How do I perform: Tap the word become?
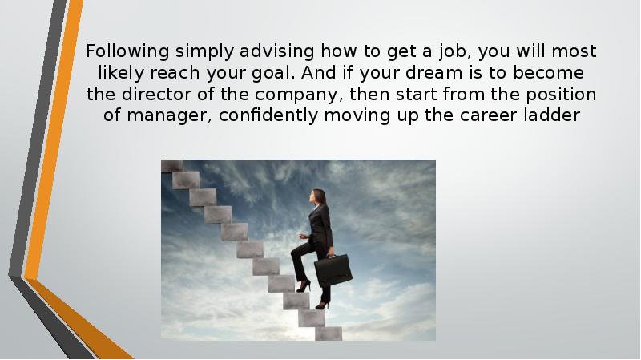pyautogui.click(x=560, y=75)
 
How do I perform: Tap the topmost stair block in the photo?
pyautogui.click(x=171, y=166)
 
